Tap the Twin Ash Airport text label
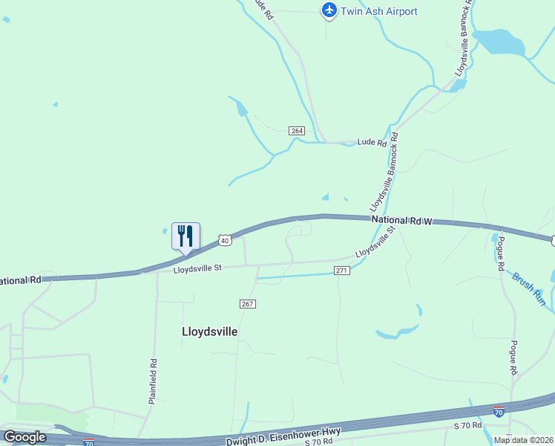coord(378,11)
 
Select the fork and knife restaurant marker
coord(185,236)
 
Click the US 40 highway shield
coord(226,240)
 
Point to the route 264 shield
coord(297,131)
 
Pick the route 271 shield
coord(341,271)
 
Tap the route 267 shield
coord(248,303)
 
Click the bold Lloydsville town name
coord(210,332)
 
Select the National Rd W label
coord(401,221)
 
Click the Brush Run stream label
coord(528,289)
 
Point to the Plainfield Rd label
coord(153,381)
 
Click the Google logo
coord(24,437)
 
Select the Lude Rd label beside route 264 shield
coord(372,142)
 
